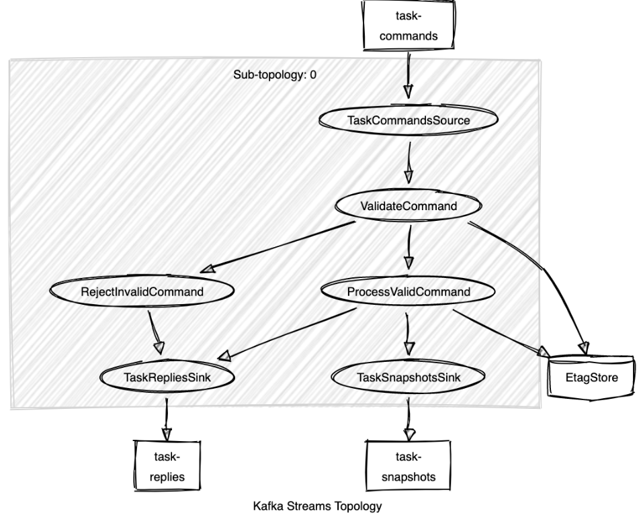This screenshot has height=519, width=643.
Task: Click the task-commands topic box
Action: pos(408,25)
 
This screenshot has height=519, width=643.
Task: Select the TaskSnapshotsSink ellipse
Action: pos(408,378)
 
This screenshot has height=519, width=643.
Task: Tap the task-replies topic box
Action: pos(167,467)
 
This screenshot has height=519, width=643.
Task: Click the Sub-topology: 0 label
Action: pos(274,75)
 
